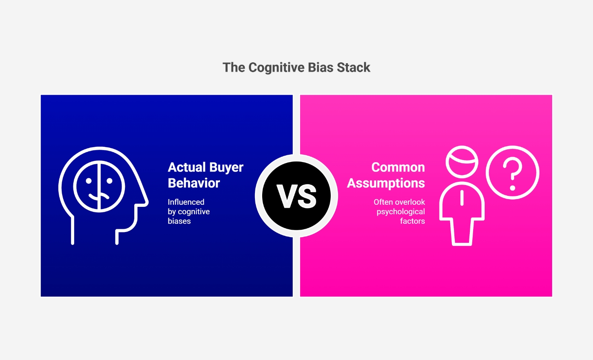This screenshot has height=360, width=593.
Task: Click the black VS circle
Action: click(x=296, y=196)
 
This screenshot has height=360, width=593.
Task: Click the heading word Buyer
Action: click(x=228, y=167)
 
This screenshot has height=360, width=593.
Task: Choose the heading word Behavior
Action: click(x=194, y=183)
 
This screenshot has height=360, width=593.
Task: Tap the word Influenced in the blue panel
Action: click(x=186, y=202)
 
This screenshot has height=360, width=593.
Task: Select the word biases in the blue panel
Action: click(x=179, y=221)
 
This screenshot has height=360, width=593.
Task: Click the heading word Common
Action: click(x=398, y=167)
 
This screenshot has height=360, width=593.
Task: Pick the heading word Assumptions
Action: click(x=386, y=183)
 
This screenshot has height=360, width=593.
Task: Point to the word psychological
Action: click(x=401, y=212)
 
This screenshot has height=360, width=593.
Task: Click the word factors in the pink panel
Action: click(x=413, y=221)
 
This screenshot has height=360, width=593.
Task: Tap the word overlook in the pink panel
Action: click(x=410, y=202)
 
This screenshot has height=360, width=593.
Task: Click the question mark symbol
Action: click(x=513, y=173)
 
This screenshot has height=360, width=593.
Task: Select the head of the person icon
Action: click(x=462, y=162)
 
